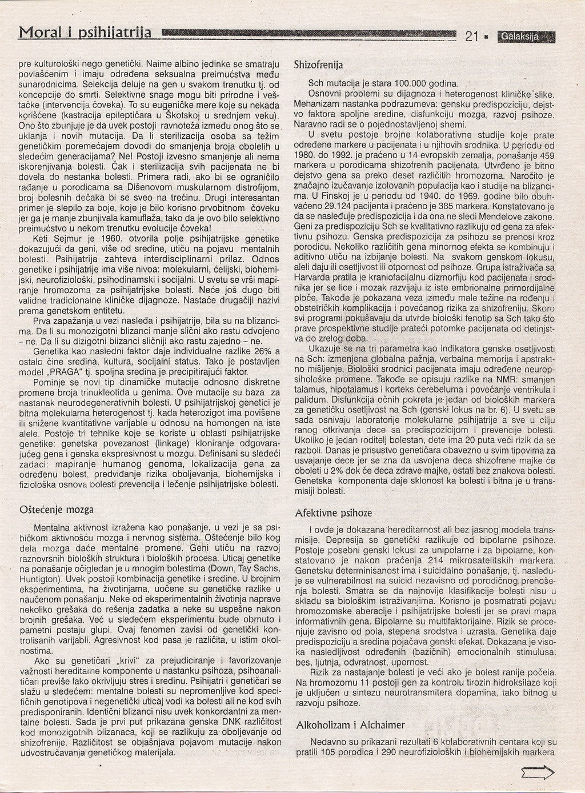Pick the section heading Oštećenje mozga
point(57,509)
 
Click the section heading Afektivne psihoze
point(333,513)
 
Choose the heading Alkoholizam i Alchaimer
point(350,725)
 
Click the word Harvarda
point(313,276)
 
